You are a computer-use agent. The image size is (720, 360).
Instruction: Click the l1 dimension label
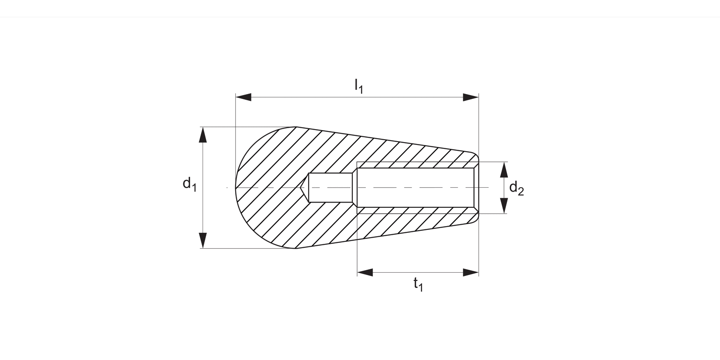358,86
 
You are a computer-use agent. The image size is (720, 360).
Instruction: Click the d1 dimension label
190,184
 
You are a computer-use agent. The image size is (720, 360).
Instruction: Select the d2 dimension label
516,188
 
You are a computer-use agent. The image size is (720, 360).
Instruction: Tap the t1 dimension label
418,285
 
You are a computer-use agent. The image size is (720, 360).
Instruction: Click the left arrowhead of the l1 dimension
243,97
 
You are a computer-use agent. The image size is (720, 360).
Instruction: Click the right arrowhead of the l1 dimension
470,97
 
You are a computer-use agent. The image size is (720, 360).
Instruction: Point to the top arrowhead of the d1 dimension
203,135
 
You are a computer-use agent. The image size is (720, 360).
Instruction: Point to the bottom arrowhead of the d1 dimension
203,240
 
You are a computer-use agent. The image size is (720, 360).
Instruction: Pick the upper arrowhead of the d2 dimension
504,170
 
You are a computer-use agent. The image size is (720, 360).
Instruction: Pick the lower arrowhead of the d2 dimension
504,205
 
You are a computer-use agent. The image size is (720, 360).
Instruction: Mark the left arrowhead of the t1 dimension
365,273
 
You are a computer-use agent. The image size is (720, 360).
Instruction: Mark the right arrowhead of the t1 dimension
470,273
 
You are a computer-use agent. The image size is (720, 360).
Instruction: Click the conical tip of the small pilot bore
303,188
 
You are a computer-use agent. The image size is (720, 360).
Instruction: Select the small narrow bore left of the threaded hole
330,188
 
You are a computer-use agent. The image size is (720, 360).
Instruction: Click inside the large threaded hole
415,188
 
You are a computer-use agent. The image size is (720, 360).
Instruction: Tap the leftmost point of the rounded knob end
236,188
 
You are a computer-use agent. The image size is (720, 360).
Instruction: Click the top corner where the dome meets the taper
296,127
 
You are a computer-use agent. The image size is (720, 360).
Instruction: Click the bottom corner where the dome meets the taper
296,248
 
